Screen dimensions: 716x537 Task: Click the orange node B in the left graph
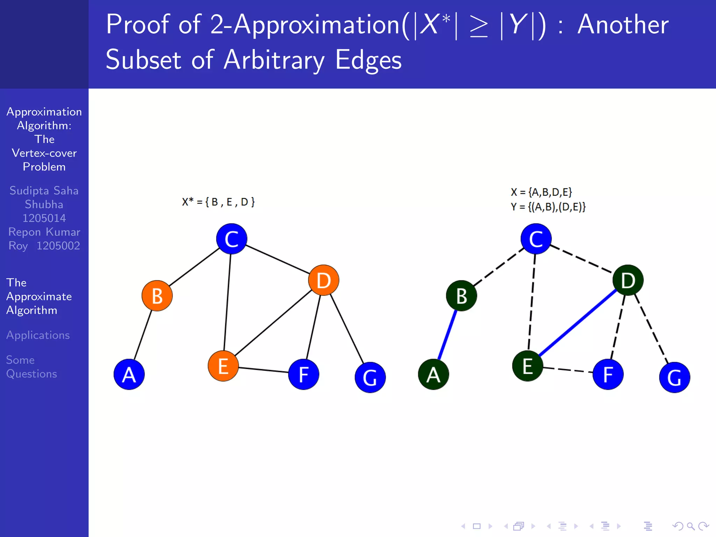coord(157,296)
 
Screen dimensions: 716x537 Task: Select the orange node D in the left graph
coord(323,280)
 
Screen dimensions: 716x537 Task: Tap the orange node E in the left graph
coord(223,366)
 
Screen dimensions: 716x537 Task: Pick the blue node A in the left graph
coord(129,374)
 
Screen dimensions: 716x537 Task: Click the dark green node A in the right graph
coord(433,374)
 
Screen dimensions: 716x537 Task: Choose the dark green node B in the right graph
coord(461,296)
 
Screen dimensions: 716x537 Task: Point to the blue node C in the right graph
coord(536,239)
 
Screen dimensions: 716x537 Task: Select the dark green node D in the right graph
coord(628,280)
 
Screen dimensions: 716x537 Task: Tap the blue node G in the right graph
coord(674,378)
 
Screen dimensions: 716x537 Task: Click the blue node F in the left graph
coord(303,374)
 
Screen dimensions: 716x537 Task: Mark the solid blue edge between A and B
coord(447,335)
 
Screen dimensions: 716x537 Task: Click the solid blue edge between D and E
coord(578,323)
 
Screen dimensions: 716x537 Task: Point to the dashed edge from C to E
coord(532,302)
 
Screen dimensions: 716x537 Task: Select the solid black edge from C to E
coord(227,302)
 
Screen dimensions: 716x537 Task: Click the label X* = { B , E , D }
coord(218,202)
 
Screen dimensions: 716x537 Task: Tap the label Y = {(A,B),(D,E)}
coord(548,207)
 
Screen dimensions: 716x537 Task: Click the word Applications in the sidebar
coord(38,335)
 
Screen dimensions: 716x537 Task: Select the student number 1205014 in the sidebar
coord(44,218)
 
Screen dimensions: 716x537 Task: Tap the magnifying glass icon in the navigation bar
coord(690,526)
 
